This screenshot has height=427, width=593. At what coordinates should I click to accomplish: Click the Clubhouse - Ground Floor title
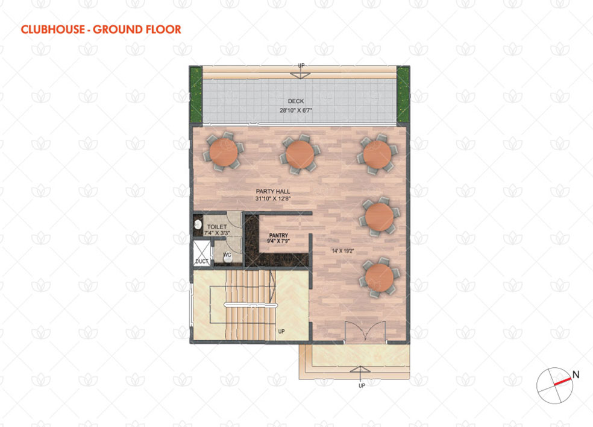[x=101, y=29]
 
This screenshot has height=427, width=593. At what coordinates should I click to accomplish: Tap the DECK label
[x=296, y=101]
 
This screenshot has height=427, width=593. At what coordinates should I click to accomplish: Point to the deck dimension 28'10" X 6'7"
[x=296, y=110]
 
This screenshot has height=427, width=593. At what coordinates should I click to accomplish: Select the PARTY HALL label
[x=273, y=192]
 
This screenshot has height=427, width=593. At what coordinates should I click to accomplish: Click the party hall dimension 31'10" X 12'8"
[x=273, y=198]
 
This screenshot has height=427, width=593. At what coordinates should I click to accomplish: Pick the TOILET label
[x=217, y=227]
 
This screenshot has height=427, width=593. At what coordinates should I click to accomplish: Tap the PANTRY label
[x=279, y=235]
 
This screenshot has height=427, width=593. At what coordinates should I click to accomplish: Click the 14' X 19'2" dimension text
[x=343, y=251]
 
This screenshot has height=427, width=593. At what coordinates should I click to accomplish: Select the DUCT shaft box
[x=201, y=253]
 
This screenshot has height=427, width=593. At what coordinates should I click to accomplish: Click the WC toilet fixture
[x=227, y=258]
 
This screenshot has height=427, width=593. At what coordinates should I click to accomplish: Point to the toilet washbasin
[x=198, y=224]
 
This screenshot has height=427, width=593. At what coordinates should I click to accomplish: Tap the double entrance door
[x=365, y=332]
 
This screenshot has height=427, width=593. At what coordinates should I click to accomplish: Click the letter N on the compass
[x=576, y=375]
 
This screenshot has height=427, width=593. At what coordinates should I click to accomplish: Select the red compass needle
[x=563, y=382]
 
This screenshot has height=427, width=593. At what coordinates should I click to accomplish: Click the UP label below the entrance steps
[x=362, y=385]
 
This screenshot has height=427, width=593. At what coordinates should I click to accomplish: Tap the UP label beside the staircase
[x=281, y=331]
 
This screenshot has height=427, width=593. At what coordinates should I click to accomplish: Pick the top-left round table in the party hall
[x=224, y=152]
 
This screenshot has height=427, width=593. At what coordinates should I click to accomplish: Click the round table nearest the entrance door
[x=379, y=277]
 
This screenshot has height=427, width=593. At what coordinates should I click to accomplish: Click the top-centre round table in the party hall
[x=300, y=154]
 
